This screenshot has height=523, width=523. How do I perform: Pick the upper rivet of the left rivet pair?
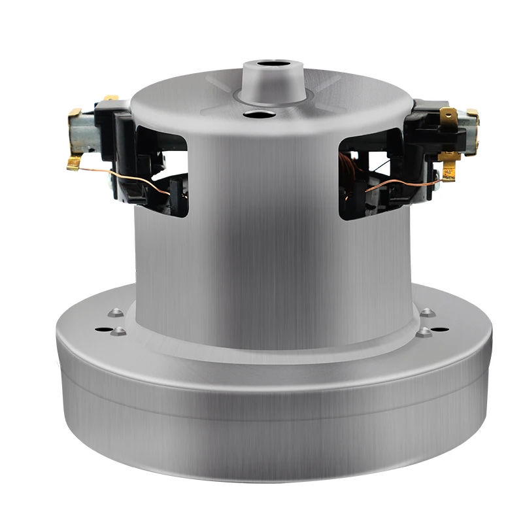pyautogui.click(x=115, y=312)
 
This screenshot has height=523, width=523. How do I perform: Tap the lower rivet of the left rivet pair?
pyautogui.click(x=118, y=332)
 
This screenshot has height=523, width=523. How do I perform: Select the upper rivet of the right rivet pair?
pyautogui.click(x=427, y=312)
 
